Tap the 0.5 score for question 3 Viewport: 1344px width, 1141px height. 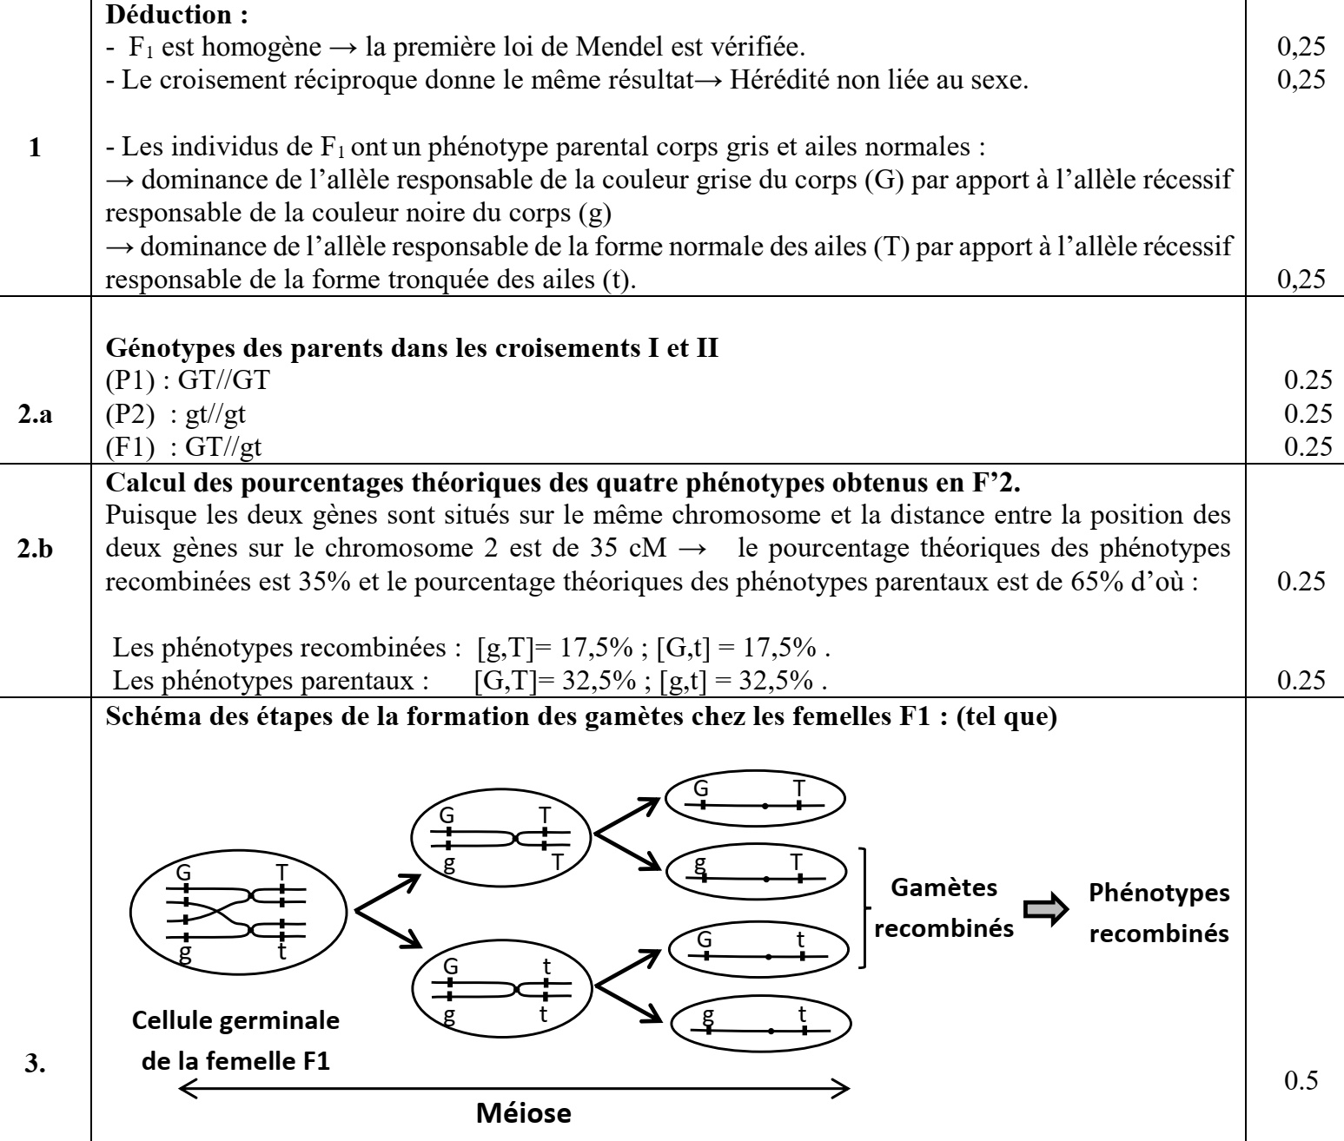(1295, 1080)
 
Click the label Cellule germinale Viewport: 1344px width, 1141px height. (235, 1020)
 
